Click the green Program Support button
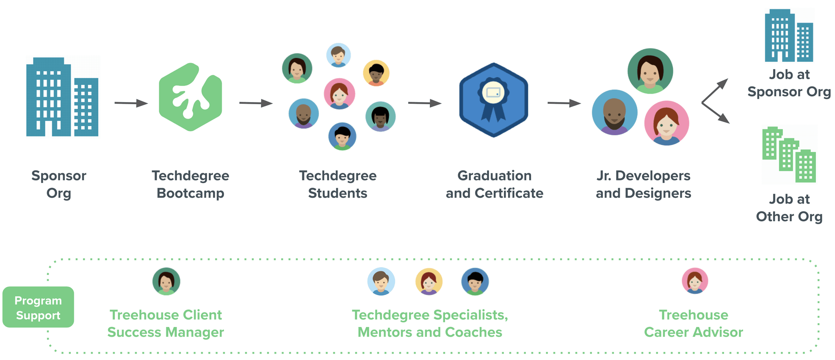(x=38, y=307)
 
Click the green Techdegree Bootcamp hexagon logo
(x=191, y=97)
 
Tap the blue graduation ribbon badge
(x=493, y=100)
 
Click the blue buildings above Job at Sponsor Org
(x=788, y=36)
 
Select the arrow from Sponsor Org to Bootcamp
(x=131, y=103)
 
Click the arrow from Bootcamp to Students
(x=256, y=103)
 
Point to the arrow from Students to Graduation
(x=424, y=103)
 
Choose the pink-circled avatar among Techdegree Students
(x=339, y=94)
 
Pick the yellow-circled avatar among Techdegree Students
(x=376, y=73)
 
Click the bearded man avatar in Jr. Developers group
(x=614, y=113)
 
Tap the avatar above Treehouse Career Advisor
(x=695, y=281)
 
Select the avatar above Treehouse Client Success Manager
(x=166, y=281)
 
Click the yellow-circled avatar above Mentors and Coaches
(x=429, y=281)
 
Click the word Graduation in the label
(x=494, y=176)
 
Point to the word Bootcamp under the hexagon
(x=190, y=193)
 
